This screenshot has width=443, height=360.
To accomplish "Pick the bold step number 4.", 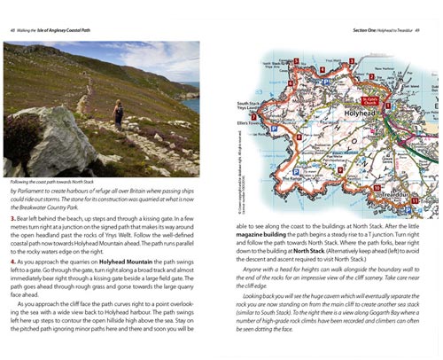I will click(13, 262).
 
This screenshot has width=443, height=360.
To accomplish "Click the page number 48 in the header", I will click(13, 11).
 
